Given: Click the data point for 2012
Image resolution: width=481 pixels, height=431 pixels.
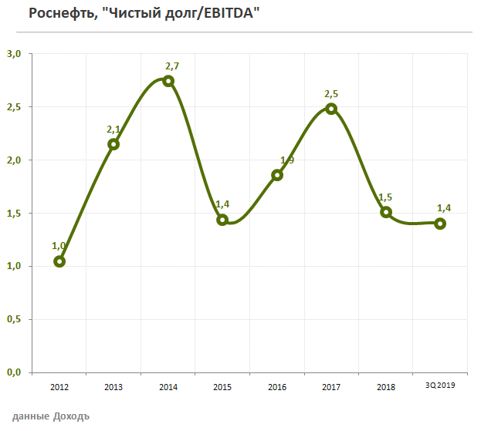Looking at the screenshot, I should [59, 261].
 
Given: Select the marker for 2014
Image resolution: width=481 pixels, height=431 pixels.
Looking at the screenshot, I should [168, 81].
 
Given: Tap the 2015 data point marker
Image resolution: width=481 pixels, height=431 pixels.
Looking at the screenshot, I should [222, 220].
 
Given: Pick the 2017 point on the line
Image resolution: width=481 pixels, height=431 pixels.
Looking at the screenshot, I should [331, 109].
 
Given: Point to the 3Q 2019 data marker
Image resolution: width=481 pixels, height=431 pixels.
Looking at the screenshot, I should [440, 224].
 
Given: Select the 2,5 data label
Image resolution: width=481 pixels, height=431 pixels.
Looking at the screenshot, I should [331, 94].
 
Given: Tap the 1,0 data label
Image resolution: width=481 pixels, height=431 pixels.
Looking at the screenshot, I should [59, 246].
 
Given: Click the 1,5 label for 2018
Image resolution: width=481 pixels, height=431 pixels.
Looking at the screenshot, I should [384, 198].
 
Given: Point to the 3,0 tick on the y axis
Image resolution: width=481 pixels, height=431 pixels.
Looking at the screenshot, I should [15, 54].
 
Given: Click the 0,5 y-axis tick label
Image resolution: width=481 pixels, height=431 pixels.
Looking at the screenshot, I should [15, 319].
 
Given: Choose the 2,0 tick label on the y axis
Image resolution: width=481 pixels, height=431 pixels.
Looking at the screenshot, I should [15, 160].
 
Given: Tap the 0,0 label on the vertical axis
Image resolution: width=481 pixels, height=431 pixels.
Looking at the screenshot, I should [15, 372].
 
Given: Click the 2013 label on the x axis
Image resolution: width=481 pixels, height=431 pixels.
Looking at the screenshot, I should [113, 386].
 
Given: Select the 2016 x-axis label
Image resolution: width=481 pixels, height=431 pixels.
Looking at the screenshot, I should [276, 386].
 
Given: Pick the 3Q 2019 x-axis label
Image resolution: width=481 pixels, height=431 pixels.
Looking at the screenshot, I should [440, 386].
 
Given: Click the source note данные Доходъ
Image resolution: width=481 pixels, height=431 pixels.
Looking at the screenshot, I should [51, 416].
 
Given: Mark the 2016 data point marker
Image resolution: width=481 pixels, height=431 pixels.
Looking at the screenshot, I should [277, 175].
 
